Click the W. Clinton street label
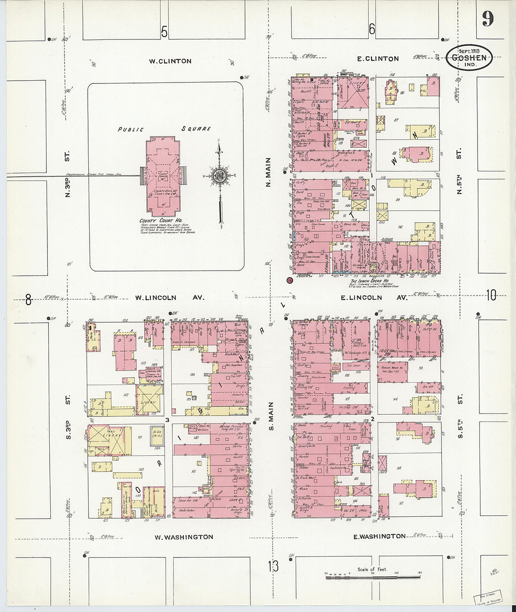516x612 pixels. pyautogui.click(x=170, y=61)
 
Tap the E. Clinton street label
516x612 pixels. pyautogui.click(x=378, y=59)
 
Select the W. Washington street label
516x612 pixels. pyautogui.click(x=184, y=537)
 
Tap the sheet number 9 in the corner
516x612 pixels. pyautogui.click(x=487, y=19)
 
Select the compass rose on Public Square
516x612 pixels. pyautogui.click(x=219, y=176)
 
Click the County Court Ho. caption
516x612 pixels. pyautogui.click(x=160, y=220)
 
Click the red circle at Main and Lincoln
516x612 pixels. pyautogui.click(x=289, y=280)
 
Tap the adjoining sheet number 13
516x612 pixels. pyautogui.click(x=273, y=566)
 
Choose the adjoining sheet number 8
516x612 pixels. pyautogui.click(x=28, y=299)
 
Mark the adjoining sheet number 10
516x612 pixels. pyautogui.click(x=491, y=295)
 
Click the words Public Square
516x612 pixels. pyautogui.click(x=164, y=129)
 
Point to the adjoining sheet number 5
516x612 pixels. pyautogui.click(x=164, y=32)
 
